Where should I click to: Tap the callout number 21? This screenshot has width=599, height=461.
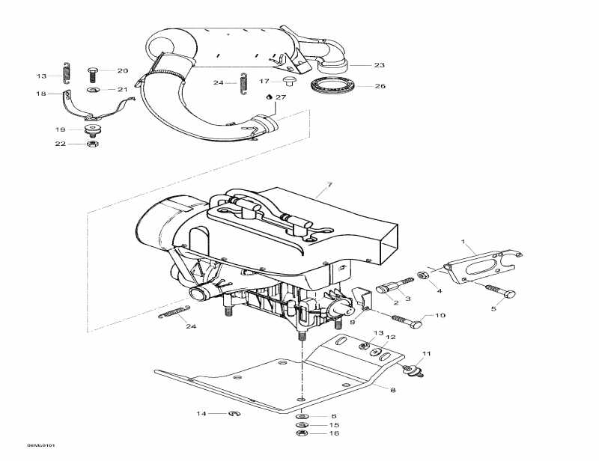[x=123, y=90]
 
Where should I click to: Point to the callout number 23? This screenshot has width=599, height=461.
[x=380, y=64]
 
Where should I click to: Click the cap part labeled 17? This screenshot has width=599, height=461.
[x=288, y=79]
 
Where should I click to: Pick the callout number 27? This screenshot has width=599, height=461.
[x=281, y=97]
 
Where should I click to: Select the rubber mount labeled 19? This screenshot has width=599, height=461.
[x=93, y=129]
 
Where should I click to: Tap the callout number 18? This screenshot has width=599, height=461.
[x=41, y=94]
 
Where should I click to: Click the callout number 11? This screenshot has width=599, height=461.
[x=428, y=352]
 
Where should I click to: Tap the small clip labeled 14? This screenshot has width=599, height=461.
[x=233, y=412]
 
